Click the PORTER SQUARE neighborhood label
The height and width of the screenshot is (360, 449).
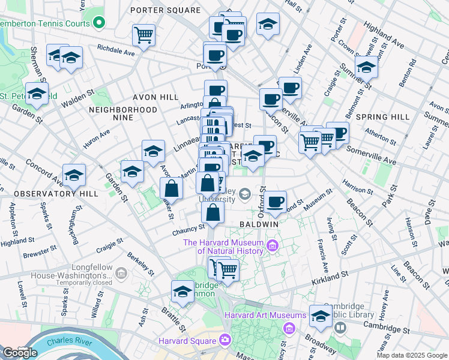pos(165,10)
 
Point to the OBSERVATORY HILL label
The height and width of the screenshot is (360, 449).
pos(47,194)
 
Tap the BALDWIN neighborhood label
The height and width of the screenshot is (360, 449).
pos(259,223)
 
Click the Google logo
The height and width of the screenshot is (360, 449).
pos(20,352)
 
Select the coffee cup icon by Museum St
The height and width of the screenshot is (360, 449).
pos(276,202)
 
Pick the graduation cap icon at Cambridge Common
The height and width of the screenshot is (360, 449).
pos(182,292)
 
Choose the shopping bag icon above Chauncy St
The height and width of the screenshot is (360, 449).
pos(213,212)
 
